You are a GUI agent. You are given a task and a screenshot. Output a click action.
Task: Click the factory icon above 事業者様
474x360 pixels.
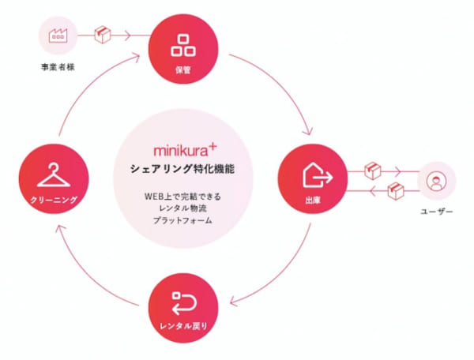(58, 36)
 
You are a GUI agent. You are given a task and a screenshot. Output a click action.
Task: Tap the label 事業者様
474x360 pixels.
(58, 67)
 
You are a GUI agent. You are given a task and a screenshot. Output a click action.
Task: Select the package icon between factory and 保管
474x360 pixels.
(103, 35)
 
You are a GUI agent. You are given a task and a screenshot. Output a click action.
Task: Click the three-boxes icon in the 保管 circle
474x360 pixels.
(183, 45)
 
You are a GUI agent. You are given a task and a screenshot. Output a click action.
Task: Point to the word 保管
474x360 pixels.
(183, 70)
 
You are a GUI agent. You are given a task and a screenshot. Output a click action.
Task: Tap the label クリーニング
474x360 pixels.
(54, 200)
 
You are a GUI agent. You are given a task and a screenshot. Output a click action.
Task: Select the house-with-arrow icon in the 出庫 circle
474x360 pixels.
(318, 175)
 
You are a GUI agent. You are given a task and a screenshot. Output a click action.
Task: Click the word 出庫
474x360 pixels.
(313, 201)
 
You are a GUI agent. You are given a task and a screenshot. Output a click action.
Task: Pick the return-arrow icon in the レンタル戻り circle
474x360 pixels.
(184, 303)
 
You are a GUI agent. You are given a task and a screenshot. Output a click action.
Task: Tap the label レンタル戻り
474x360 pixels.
(183, 326)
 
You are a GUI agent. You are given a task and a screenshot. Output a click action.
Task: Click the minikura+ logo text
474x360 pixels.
(185, 150)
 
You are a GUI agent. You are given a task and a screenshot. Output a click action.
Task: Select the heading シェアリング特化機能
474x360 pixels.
(182, 169)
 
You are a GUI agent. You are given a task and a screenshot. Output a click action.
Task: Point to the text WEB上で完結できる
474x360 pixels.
(183, 197)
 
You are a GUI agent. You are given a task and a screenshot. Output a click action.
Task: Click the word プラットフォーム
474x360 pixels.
(182, 220)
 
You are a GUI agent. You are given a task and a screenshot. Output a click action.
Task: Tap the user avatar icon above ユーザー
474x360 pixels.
(436, 181)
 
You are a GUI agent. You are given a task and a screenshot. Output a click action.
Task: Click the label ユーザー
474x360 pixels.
(437, 212)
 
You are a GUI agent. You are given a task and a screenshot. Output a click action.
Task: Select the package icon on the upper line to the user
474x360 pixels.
(372, 171)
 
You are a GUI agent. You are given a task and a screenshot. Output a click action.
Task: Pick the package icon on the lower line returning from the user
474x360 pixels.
(396, 191)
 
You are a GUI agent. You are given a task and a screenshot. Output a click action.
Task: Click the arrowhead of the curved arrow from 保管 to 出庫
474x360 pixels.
(309, 132)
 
